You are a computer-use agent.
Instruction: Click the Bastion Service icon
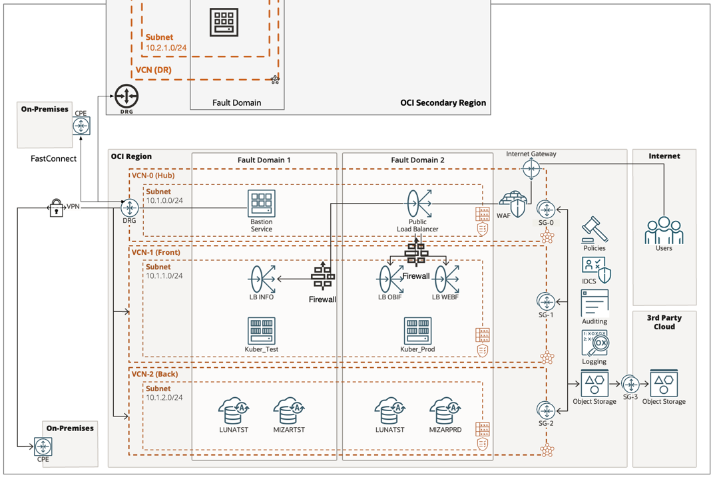(262, 203)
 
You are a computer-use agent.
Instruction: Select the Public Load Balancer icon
(419, 203)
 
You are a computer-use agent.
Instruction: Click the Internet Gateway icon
(531, 169)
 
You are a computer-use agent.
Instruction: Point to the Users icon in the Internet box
(663, 230)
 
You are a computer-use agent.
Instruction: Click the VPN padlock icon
(56, 208)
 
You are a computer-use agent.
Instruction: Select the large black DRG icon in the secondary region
(126, 96)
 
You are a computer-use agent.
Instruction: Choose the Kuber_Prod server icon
(417, 331)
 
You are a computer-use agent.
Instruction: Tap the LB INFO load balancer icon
(262, 279)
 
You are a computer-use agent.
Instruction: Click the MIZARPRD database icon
(445, 411)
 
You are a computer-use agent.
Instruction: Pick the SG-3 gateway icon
(630, 384)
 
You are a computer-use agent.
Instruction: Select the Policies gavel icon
(594, 230)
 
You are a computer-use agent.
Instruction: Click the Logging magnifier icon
(595, 343)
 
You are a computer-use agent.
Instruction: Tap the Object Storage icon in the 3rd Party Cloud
(664, 383)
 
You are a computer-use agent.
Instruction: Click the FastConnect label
(54, 158)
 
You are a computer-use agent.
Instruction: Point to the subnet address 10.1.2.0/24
(164, 398)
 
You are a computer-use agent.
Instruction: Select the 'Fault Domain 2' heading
(417, 160)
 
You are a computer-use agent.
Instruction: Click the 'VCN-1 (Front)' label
(156, 252)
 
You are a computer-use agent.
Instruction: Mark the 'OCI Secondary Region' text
(443, 103)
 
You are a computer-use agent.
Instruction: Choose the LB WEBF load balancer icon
(446, 279)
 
